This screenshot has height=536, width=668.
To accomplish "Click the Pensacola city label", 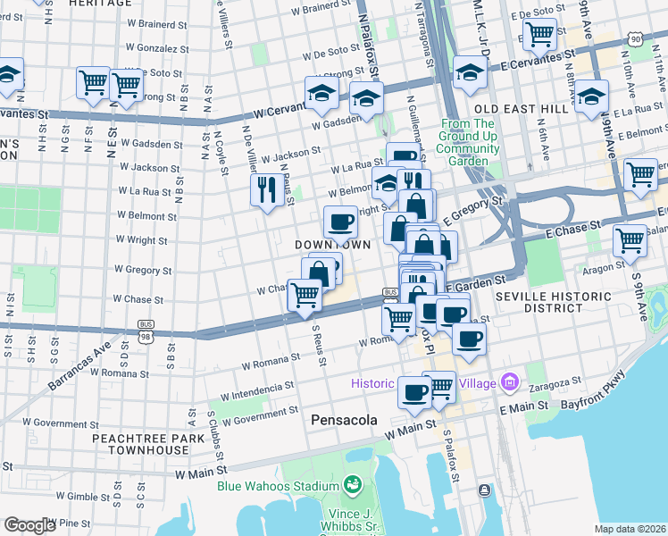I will click(x=344, y=419).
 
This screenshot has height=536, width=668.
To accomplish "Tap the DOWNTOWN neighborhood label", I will click(x=332, y=244).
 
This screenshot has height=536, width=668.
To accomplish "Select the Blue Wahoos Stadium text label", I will click(x=278, y=486).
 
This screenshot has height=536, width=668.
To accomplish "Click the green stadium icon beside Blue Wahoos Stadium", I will click(x=353, y=485).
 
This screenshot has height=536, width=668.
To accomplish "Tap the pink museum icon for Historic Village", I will click(x=510, y=383).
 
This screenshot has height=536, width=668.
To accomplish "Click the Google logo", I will click(x=29, y=524).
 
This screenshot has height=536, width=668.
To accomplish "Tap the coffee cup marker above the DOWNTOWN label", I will click(x=338, y=221).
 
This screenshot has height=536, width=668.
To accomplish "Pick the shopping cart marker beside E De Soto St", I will click(x=539, y=36).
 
